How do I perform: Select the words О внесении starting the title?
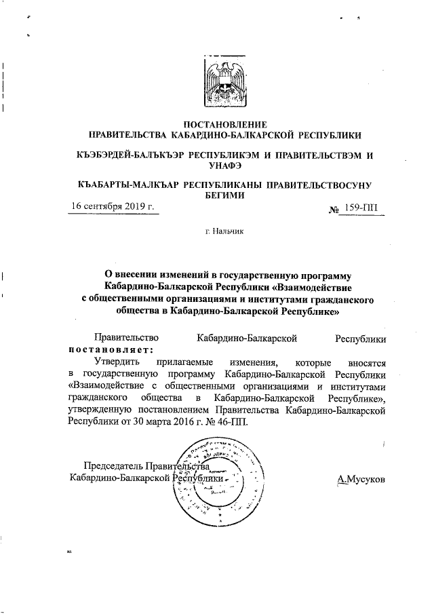[x=128, y=275]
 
